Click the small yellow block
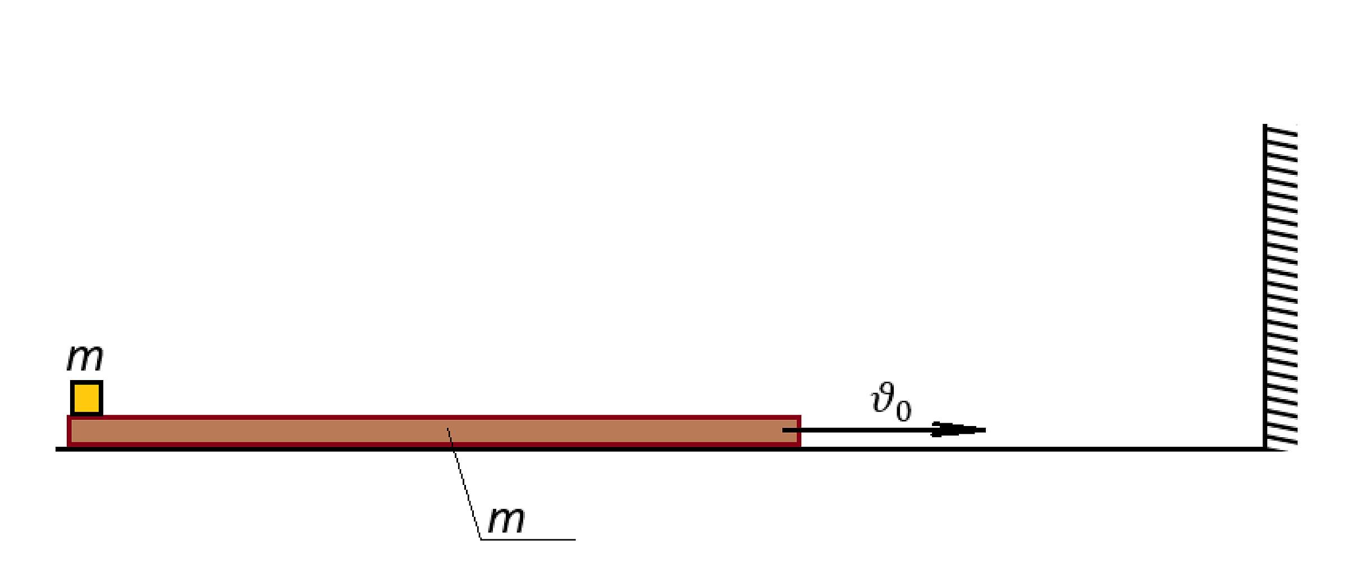pos(86,398)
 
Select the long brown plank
pos(433,431)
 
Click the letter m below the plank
pos(506,520)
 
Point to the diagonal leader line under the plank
pos(464,483)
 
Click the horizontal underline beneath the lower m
pos(528,539)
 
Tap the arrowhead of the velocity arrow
pos(959,430)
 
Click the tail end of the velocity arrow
pos(783,430)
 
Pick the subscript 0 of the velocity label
pos(903,410)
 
